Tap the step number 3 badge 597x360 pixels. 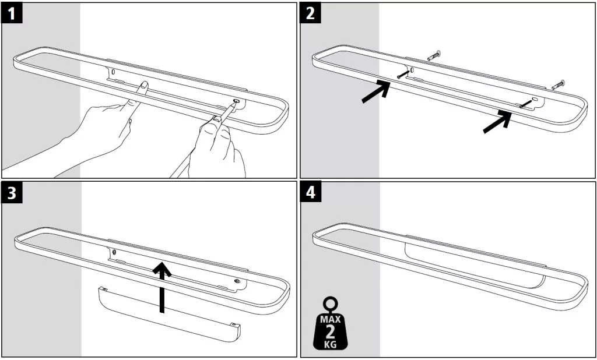[x=12, y=192]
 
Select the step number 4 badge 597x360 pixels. [x=310, y=192]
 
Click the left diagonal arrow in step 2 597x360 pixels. [x=376, y=91]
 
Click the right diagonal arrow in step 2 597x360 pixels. [x=497, y=121]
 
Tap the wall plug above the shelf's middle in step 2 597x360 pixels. [x=434, y=55]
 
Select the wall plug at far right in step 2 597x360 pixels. [x=558, y=85]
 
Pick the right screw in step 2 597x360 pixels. [x=526, y=104]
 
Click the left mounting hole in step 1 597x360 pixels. [x=113, y=71]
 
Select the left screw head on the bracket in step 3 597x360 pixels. [x=115, y=252]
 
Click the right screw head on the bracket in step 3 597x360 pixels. [x=237, y=281]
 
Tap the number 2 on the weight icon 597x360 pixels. [x=330, y=331]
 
